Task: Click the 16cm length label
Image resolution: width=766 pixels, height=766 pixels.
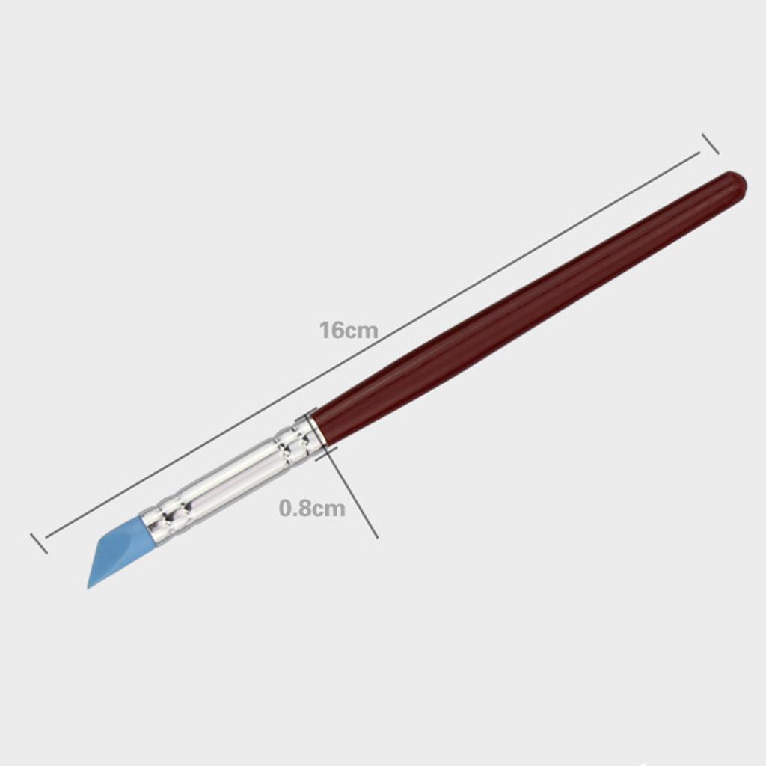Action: tap(349, 330)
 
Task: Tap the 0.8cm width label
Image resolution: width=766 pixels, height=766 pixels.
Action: tap(312, 508)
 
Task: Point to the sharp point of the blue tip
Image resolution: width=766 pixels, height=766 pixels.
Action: tap(88, 588)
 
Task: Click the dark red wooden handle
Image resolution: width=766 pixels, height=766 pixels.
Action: tap(527, 302)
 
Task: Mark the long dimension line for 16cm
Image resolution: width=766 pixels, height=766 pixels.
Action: tap(373, 345)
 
